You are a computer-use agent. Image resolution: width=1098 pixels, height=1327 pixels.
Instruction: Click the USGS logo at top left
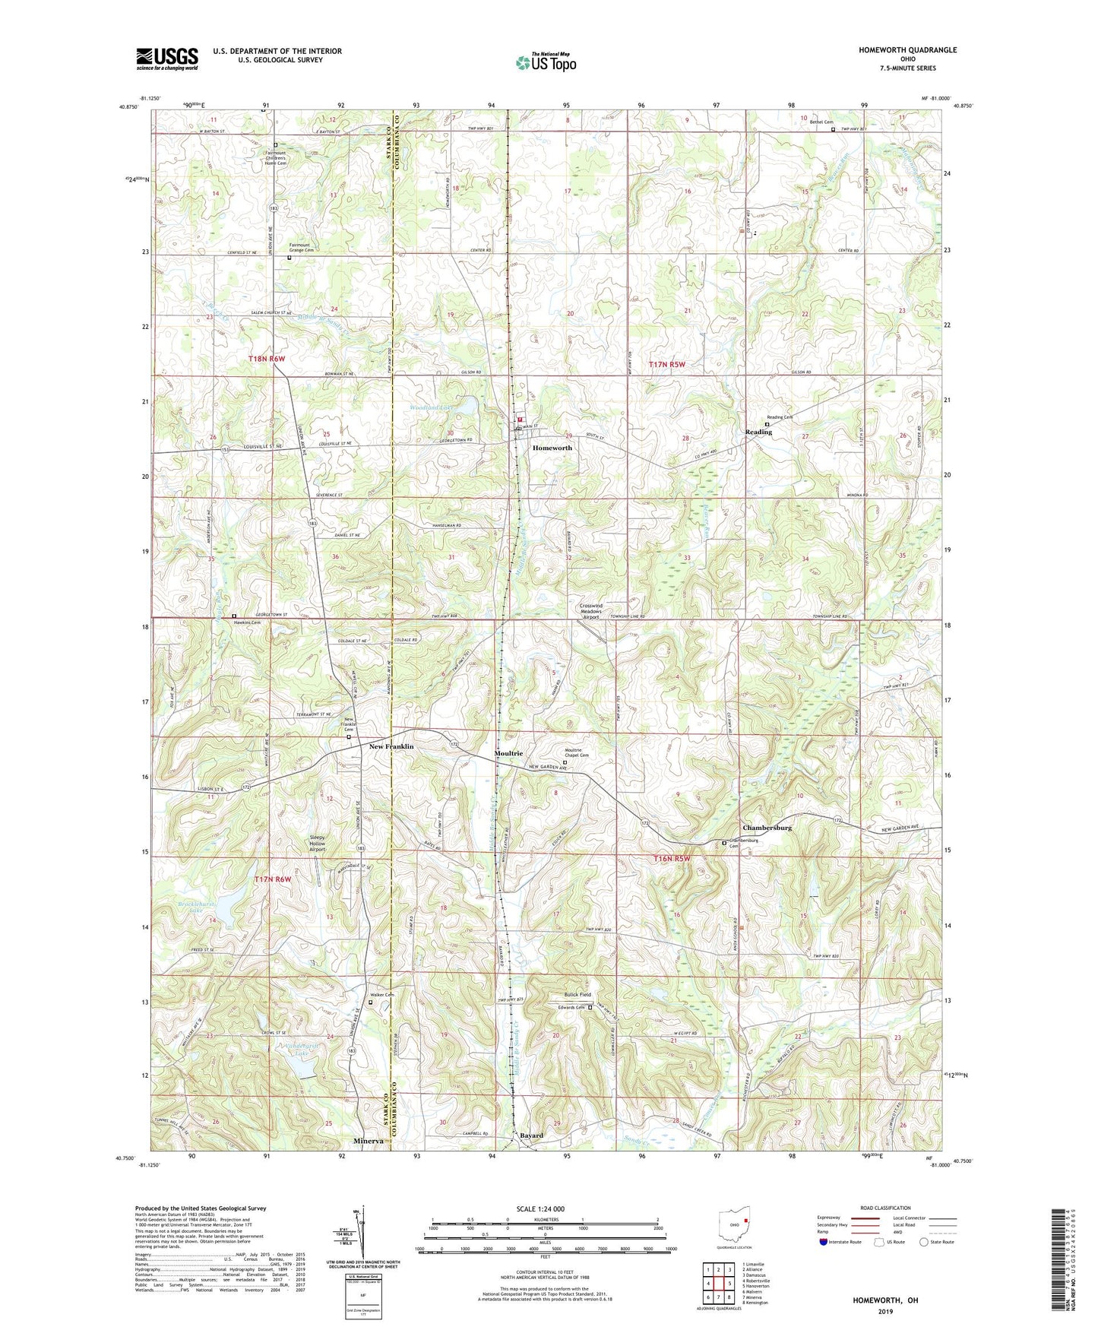(167, 58)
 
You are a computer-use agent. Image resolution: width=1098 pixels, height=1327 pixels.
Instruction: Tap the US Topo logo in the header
(545, 62)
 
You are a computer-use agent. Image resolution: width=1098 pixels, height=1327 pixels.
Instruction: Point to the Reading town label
(758, 432)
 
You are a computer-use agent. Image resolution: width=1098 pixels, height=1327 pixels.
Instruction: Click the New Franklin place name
(391, 747)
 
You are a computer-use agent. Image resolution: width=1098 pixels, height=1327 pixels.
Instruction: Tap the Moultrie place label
(508, 753)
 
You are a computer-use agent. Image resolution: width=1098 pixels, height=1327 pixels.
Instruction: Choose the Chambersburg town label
(767, 828)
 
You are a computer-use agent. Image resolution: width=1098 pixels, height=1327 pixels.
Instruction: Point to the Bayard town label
(531, 1135)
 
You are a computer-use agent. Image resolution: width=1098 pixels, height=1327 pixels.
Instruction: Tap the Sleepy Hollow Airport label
(318, 843)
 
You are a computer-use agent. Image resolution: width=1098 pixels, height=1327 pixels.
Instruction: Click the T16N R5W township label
(672, 859)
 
